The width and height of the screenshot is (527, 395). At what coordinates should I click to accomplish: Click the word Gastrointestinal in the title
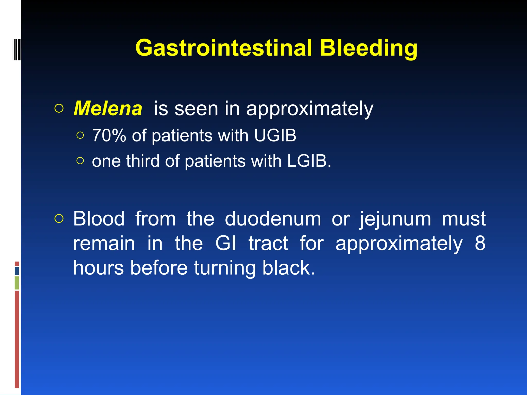(x=223, y=48)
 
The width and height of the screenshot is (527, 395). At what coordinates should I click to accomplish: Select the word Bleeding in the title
(x=368, y=48)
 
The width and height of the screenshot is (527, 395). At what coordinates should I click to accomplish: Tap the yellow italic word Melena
(x=108, y=109)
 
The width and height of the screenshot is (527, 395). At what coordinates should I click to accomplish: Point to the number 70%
(x=109, y=136)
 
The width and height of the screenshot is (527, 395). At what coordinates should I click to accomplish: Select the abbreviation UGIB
(x=275, y=136)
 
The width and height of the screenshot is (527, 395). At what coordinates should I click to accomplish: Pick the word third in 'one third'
(x=143, y=161)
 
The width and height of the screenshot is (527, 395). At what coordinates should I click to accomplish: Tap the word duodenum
(x=273, y=219)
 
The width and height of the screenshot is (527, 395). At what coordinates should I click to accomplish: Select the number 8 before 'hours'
(x=480, y=243)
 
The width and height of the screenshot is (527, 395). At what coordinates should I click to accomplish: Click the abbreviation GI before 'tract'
(x=225, y=243)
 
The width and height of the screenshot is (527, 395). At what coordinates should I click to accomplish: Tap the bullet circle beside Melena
(x=59, y=109)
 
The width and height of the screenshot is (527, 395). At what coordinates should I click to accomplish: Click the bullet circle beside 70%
(x=80, y=135)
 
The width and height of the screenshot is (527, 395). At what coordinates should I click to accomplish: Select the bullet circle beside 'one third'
(x=80, y=161)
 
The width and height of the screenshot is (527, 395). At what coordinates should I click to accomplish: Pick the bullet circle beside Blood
(x=59, y=219)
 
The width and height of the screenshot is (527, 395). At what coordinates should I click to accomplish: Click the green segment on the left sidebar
(x=17, y=283)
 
